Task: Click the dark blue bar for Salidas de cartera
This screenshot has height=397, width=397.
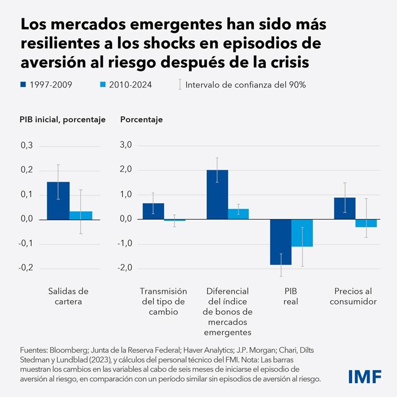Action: [x=58, y=200]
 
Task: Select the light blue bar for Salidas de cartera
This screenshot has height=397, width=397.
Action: [x=81, y=215]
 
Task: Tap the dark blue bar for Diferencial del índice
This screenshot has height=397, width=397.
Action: [x=217, y=194]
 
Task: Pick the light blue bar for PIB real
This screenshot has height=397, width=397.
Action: [x=302, y=233]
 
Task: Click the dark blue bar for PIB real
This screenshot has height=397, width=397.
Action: [x=281, y=242]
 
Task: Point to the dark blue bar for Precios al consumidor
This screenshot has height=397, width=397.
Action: [x=345, y=208]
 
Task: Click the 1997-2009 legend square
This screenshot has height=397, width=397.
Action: [x=23, y=84]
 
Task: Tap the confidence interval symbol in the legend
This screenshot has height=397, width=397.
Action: [x=181, y=84]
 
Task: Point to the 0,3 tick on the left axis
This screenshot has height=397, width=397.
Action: [x=26, y=146]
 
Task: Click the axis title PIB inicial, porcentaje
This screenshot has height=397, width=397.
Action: [x=62, y=120]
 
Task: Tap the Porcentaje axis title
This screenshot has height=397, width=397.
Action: [x=141, y=120]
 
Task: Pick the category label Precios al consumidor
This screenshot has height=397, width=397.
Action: [x=355, y=296]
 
